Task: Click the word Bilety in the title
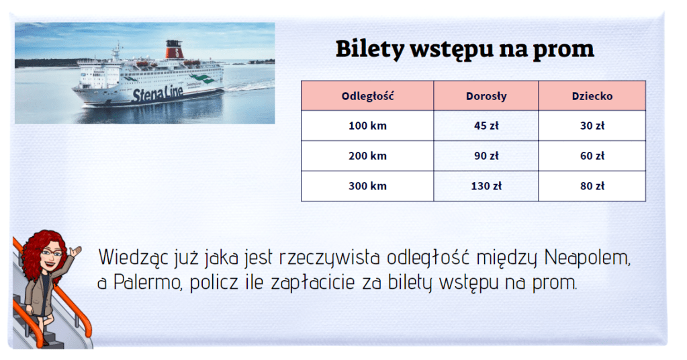370,49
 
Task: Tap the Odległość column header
367,96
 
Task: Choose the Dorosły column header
486,96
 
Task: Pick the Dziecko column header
592,96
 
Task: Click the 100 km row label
367,126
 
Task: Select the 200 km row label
367,156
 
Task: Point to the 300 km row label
367,186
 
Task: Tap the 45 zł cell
486,126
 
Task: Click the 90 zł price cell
486,156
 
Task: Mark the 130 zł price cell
486,186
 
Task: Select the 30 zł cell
592,126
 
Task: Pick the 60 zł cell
592,156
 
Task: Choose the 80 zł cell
592,186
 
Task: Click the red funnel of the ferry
174,50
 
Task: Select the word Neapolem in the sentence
588,258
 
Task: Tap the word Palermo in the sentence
148,283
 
